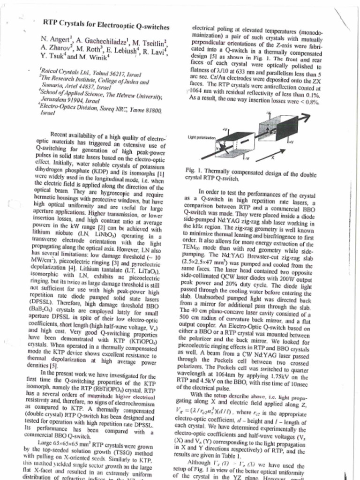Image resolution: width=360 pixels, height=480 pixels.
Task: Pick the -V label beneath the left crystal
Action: (x=247, y=158)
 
